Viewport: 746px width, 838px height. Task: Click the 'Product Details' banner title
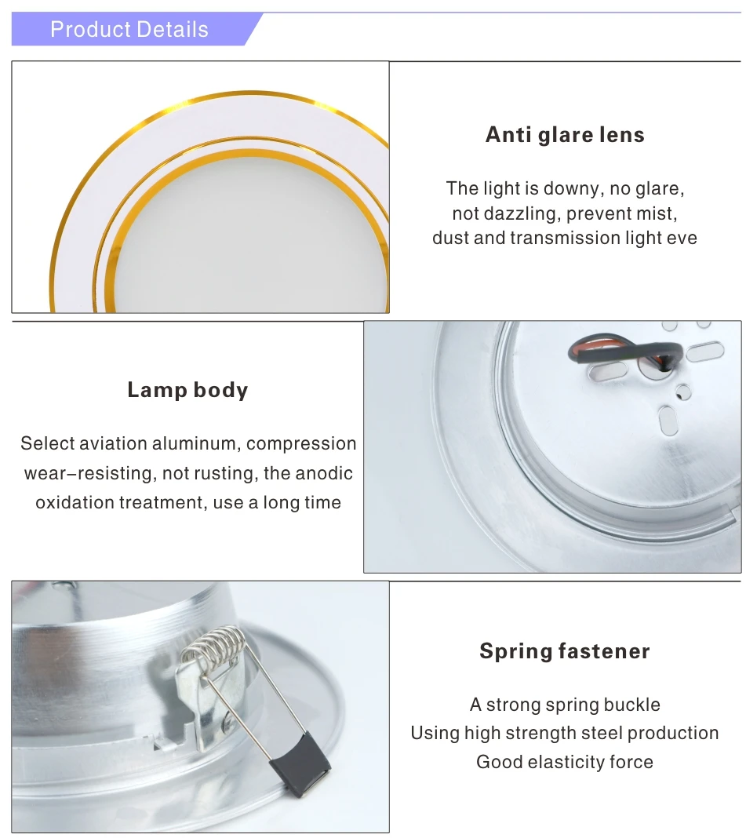tap(129, 30)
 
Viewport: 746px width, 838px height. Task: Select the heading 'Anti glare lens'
tap(565, 135)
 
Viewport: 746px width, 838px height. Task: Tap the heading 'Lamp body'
tap(187, 390)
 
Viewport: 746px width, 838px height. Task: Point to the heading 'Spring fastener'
tap(565, 651)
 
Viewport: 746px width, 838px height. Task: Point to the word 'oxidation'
tap(75, 502)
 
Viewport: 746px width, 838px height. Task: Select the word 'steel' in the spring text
tap(583, 733)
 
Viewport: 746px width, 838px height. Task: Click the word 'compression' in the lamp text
tap(301, 443)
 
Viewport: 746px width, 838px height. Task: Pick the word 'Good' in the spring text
tap(497, 762)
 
